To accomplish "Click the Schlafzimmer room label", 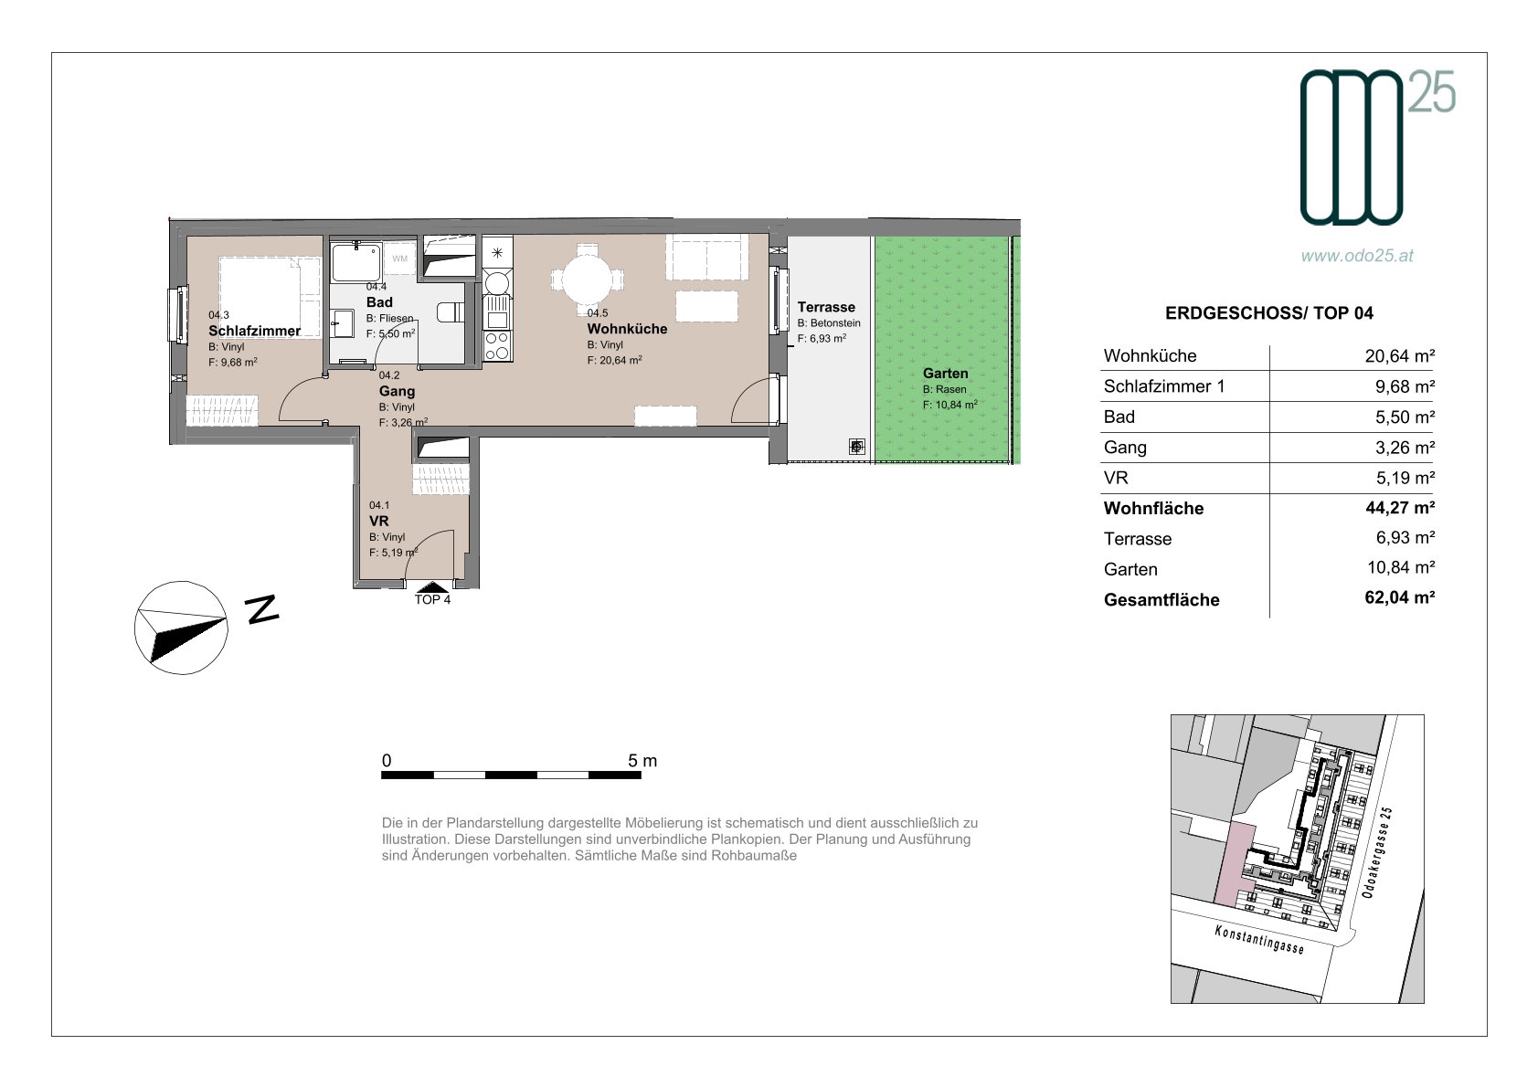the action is [254, 331].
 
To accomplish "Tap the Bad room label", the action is [379, 302].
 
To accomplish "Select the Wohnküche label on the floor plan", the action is [627, 329].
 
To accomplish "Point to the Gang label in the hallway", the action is [397, 391].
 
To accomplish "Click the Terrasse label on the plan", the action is [826, 308].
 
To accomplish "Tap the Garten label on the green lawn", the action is [945, 374].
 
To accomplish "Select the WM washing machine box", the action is [399, 259].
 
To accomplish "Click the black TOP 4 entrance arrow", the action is [432, 586].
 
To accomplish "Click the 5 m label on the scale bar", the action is [642, 760].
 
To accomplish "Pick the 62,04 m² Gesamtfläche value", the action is [1399, 597].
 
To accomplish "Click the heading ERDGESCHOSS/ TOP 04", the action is [1268, 313].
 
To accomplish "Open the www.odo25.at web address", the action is [1357, 255].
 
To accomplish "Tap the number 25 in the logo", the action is [1432, 92].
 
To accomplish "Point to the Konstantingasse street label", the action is [1258, 939].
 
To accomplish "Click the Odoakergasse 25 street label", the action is [1376, 852].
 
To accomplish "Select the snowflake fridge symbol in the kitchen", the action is [497, 252].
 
